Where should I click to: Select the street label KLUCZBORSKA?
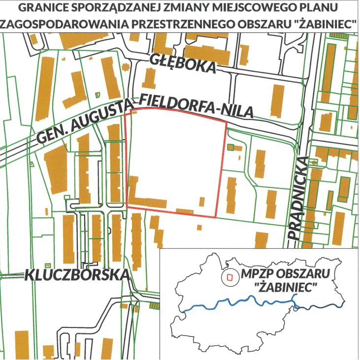tap(77, 274)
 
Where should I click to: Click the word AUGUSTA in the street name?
tap(101, 117)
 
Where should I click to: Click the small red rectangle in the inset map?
tap(229, 277)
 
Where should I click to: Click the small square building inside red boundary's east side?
tap(201, 202)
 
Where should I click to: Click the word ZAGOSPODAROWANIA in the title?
tap(61, 23)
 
